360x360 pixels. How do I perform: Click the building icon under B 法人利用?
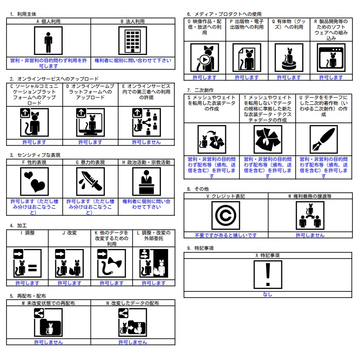click(x=133, y=41)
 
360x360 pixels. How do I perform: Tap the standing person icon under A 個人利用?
click(x=48, y=41)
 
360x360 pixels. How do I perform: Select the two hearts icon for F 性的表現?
click(x=34, y=182)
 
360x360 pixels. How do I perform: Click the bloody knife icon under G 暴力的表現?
click(x=91, y=182)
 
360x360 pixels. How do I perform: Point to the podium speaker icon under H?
click(x=147, y=182)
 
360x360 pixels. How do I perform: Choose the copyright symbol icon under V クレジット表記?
click(x=226, y=215)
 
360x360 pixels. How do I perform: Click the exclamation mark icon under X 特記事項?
click(x=268, y=275)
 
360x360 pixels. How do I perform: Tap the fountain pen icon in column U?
click(x=323, y=139)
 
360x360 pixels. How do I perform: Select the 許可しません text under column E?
click(x=147, y=142)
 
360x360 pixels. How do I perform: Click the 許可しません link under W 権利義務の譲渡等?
click(x=310, y=235)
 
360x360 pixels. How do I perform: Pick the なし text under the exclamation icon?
click(x=267, y=294)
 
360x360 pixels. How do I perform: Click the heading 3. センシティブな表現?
click(x=35, y=155)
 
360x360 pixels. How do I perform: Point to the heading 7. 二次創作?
click(x=200, y=90)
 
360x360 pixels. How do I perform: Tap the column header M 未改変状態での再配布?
click(x=48, y=303)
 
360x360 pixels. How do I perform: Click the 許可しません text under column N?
click(x=133, y=342)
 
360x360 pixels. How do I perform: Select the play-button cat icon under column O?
click(x=205, y=58)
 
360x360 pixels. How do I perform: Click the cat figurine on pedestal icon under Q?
click(x=289, y=58)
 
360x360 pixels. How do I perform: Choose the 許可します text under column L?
click(x=154, y=283)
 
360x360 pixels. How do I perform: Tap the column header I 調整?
click(x=28, y=233)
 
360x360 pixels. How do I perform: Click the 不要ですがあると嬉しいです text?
click(x=226, y=235)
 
